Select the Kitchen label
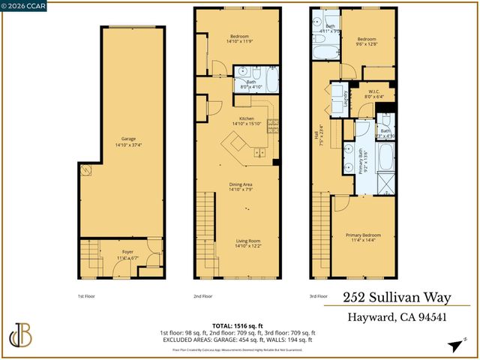pyautogui.click(x=247, y=121)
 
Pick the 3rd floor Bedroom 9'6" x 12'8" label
pyautogui.click(x=365, y=41)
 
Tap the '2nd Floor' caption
pyautogui.click(x=202, y=296)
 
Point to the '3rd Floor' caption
pyautogui.click(x=317, y=296)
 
